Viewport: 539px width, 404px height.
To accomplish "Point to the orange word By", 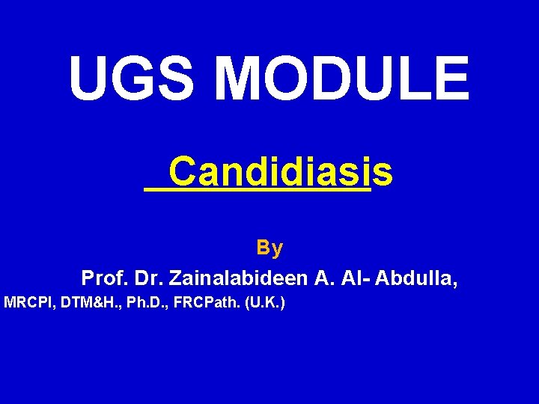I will [269, 247].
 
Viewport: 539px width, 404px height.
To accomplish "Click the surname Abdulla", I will [417, 279].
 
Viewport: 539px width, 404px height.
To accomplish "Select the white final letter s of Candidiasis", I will [382, 173].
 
